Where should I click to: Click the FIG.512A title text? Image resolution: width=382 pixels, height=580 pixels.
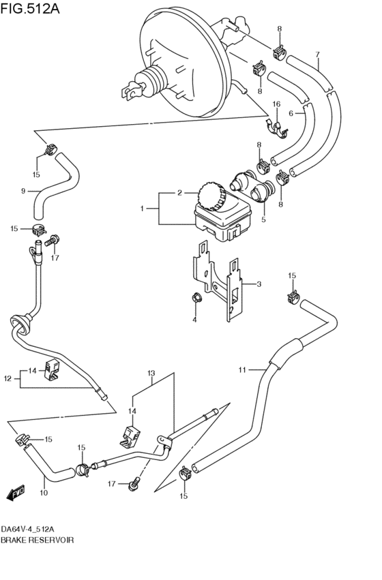pos(30,8)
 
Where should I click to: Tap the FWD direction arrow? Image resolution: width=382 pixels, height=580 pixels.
pos(16,493)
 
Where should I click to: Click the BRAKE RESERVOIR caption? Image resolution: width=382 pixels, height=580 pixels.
pos(37,540)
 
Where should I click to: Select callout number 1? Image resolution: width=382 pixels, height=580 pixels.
pos(142,209)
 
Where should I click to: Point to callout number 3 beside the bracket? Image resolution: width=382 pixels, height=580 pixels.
pos(259,284)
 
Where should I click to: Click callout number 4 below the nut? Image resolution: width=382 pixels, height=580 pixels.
pos(194,320)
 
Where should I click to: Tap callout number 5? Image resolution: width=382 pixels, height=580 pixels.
pos(263,219)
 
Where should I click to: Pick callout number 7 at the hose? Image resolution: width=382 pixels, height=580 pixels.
pos(318,55)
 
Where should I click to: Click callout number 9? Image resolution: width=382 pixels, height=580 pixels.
pos(23,192)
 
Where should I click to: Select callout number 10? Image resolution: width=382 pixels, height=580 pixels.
pos(44,493)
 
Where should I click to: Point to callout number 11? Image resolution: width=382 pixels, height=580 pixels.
pos(242,369)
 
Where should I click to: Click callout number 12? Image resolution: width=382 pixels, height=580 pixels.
pos(8,378)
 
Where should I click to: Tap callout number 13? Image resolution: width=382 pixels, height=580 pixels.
pos(151,373)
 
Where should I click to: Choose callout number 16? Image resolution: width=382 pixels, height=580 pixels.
pos(276,104)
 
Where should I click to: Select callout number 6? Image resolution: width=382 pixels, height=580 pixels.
pos(291,114)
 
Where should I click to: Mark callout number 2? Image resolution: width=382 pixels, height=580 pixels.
pos(179,193)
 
